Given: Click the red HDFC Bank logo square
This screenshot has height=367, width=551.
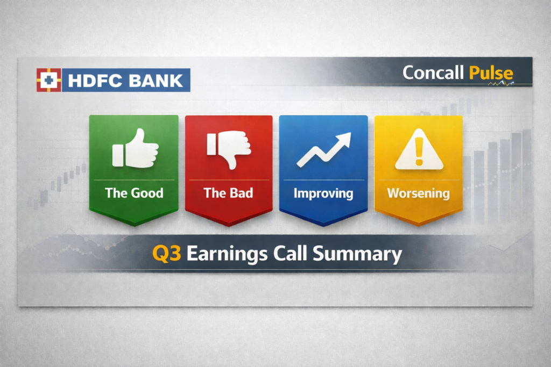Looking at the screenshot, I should (x=48, y=80).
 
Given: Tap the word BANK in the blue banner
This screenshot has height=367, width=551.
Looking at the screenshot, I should (x=157, y=81).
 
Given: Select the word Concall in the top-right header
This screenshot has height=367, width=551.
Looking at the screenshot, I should (x=433, y=73).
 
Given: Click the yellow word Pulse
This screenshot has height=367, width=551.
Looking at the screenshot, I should (x=490, y=73).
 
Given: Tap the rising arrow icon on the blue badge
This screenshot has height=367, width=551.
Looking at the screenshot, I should (x=323, y=149).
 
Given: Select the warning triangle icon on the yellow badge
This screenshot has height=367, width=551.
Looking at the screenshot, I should (x=419, y=152).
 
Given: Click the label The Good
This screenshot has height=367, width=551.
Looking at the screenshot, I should (x=134, y=193).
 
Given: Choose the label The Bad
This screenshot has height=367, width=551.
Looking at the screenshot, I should (x=228, y=193).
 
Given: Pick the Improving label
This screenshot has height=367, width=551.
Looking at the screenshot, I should (x=323, y=193).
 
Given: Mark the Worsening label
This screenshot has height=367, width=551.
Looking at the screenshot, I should (x=419, y=193).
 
